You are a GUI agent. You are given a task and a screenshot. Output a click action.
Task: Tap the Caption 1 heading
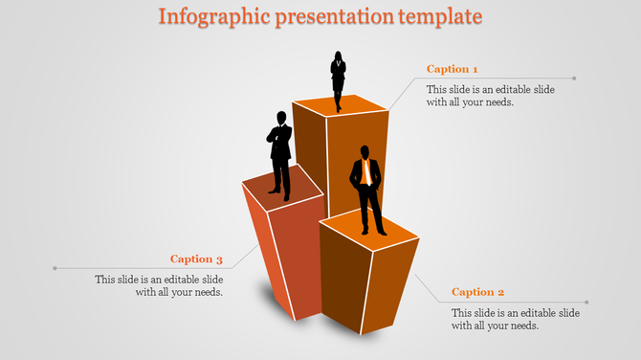(x=452, y=69)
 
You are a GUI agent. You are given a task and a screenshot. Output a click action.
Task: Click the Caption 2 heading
(x=477, y=292)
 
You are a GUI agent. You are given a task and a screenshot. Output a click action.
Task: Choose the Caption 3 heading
(x=196, y=259)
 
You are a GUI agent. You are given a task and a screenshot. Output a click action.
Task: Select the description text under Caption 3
(x=159, y=285)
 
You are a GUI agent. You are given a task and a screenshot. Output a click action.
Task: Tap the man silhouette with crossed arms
(x=278, y=153)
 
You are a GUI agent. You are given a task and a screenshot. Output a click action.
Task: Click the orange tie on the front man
(x=365, y=173)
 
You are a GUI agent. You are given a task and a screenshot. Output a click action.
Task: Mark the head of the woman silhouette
(x=338, y=55)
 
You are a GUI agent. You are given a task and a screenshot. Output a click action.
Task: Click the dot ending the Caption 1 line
(x=574, y=79)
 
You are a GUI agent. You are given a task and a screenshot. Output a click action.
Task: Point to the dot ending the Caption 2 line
(x=586, y=303)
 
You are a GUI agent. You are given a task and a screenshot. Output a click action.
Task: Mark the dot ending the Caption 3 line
(x=55, y=268)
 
